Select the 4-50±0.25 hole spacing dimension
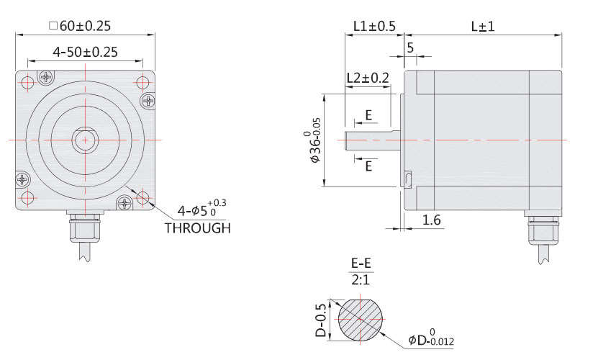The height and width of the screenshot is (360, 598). (85, 52)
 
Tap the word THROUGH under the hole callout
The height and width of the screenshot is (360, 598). (197, 228)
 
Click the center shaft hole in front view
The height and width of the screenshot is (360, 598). (85, 138)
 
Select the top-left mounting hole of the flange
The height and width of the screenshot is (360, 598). (27, 81)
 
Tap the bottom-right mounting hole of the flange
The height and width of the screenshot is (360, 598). (142, 196)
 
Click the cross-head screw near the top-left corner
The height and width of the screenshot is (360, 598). (46, 76)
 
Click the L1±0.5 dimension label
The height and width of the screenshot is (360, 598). (374, 27)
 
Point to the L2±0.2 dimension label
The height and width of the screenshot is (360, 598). (367, 77)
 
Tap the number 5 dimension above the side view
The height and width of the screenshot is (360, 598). (410, 48)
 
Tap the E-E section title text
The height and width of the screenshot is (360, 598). (361, 264)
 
